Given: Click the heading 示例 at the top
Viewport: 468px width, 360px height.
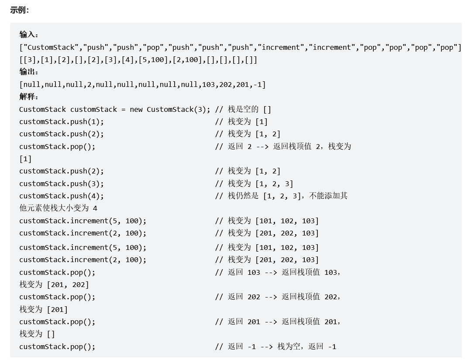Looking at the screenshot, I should click(19, 10).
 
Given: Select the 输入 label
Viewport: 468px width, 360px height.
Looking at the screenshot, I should click(29, 35).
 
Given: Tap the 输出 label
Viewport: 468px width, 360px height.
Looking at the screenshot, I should click(29, 72).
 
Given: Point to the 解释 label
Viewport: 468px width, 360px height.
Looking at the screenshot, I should click(29, 97).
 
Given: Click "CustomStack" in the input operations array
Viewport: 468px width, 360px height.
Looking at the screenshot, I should click(51, 47).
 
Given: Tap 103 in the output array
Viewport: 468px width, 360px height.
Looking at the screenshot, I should click(208, 84).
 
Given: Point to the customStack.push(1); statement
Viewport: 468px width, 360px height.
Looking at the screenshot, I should click(62, 121).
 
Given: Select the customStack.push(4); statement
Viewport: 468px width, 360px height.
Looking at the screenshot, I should click(62, 196).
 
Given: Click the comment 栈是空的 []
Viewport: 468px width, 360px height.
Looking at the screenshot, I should click(249, 109).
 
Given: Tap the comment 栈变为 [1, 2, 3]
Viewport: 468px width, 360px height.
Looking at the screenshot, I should click(261, 183).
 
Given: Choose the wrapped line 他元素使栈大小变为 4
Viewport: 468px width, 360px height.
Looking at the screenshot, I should click(58, 208).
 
